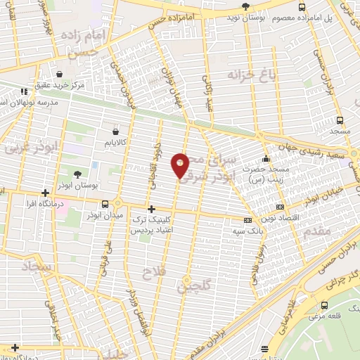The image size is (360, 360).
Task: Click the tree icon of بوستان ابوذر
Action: [x=77, y=174]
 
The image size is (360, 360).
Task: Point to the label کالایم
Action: [x=117, y=142]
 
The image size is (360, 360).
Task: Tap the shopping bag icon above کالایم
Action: [x=116, y=130]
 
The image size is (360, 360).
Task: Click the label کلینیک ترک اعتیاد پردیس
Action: [x=152, y=225]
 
